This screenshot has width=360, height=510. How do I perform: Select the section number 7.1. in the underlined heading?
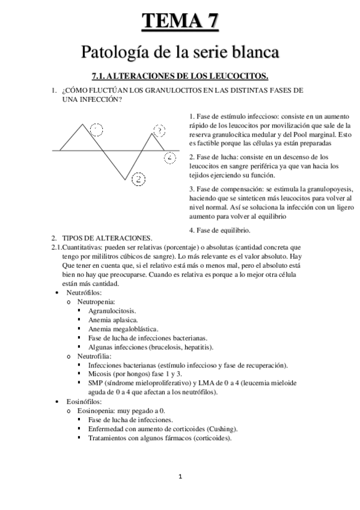[99, 76]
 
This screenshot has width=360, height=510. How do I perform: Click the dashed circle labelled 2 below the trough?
[138, 179]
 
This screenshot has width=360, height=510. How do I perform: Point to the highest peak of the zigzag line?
[83, 124]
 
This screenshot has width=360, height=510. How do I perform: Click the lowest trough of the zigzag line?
[126, 179]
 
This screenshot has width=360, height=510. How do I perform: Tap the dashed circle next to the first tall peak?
[96, 129]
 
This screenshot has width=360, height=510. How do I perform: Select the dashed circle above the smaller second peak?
[159, 130]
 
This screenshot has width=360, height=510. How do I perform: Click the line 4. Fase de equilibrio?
[220, 230]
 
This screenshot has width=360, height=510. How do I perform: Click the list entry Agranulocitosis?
[111, 310]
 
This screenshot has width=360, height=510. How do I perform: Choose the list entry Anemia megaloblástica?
[123, 329]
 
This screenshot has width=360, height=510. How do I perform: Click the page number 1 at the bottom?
[180, 477]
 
